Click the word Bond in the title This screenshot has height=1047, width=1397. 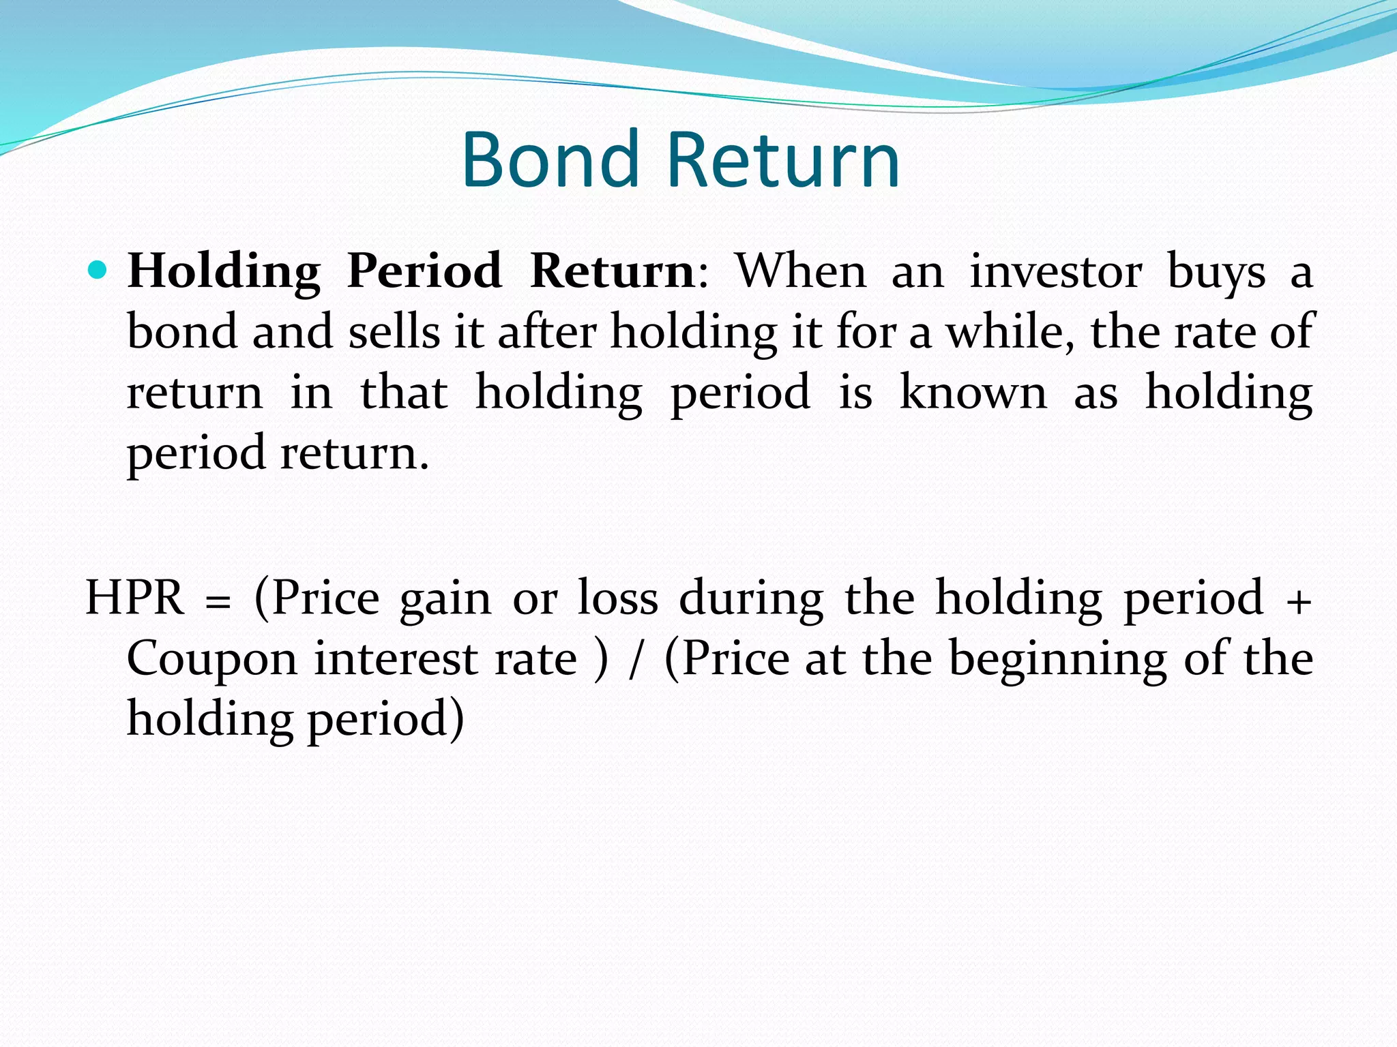[549, 160]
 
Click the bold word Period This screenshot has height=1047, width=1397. [424, 271]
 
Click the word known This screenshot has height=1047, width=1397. [973, 393]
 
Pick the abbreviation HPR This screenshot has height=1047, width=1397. [134, 598]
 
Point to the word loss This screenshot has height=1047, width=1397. [617, 598]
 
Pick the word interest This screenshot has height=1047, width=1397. [396, 659]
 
